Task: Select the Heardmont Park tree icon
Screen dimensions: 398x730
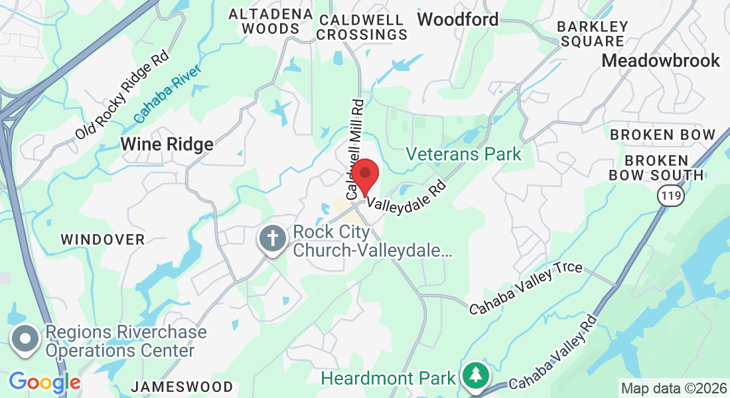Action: (x=476, y=376)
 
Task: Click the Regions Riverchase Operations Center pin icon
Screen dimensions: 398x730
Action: (x=25, y=339)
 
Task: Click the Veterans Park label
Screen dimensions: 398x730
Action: (x=463, y=155)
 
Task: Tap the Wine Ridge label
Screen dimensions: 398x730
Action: (x=167, y=144)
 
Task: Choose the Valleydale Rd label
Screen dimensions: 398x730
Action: (x=404, y=193)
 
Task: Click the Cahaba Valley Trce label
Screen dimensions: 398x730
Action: (x=526, y=289)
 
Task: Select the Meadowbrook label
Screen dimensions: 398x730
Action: (x=660, y=60)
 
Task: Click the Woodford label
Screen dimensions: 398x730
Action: (x=458, y=19)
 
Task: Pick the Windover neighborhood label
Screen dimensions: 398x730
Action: (x=103, y=239)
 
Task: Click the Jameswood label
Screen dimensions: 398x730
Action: (x=182, y=386)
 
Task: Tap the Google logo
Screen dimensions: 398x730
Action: (x=44, y=381)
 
